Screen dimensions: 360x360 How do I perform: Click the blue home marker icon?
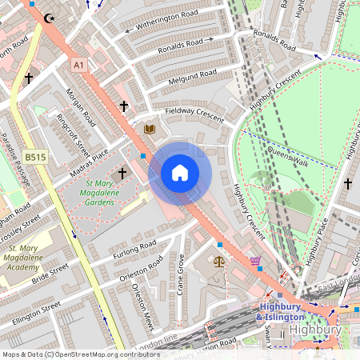(180, 173)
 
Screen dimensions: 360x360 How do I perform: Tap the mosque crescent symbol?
(50, 17)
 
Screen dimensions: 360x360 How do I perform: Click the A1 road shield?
(78, 64)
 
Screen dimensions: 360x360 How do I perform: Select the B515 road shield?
(35, 158)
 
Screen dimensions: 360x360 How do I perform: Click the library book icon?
(149, 128)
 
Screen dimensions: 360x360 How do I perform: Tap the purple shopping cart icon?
(255, 260)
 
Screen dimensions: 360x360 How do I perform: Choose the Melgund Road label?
(192, 78)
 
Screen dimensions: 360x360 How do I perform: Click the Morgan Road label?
(80, 107)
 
